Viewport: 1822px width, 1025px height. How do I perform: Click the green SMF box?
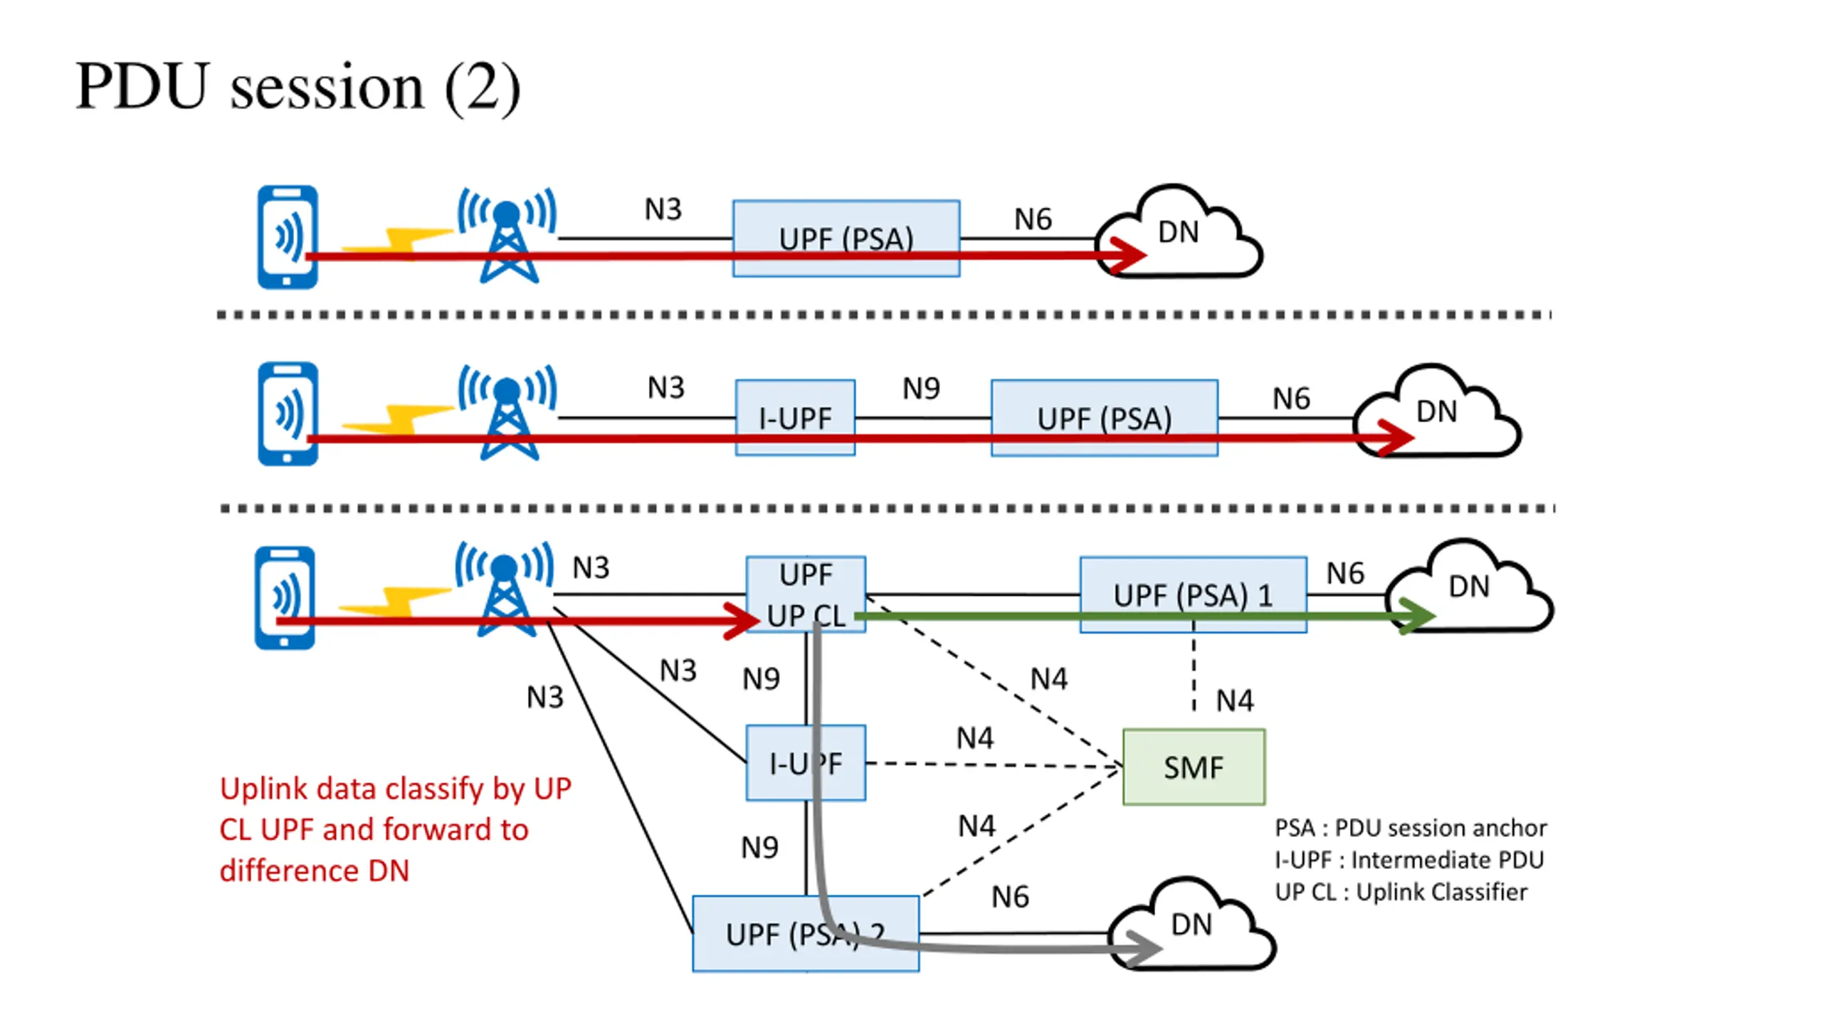click(1194, 767)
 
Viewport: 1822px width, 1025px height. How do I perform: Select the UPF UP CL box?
click(806, 594)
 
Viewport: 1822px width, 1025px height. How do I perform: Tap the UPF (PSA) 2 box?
click(806, 933)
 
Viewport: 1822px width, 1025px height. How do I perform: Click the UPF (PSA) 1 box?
click(1193, 594)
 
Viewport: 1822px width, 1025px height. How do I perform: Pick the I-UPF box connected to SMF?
click(806, 763)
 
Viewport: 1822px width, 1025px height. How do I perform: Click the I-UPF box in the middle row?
click(795, 418)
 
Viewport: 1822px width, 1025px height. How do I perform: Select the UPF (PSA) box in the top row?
click(846, 238)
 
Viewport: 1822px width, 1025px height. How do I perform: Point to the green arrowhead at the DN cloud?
click(1416, 616)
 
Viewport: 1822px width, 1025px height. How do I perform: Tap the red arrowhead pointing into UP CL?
click(742, 621)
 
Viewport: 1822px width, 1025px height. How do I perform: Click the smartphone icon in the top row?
click(288, 237)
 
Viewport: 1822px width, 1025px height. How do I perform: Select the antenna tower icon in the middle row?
click(507, 412)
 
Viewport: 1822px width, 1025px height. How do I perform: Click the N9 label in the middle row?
click(921, 389)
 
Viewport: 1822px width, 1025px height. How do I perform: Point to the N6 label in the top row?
click(1033, 219)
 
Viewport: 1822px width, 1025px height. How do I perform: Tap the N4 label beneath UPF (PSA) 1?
click(1235, 701)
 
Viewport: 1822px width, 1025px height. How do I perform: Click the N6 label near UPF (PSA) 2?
click(1010, 897)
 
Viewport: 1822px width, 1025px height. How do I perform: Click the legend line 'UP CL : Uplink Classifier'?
click(1401, 892)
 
